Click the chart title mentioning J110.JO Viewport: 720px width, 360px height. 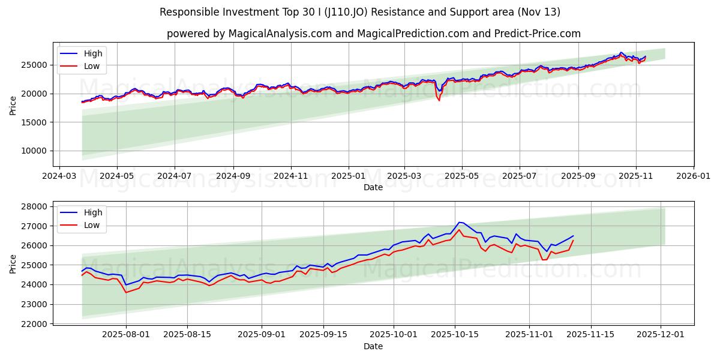pyautogui.click(x=360, y=12)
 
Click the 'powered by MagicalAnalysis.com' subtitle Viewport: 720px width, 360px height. pyautogui.click(x=373, y=34)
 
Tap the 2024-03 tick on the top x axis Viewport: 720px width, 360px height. pyautogui.click(x=59, y=176)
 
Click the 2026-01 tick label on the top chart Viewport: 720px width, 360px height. pyautogui.click(x=693, y=176)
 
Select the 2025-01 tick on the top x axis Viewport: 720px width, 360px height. pyautogui.click(x=348, y=176)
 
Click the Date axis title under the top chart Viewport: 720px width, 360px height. pyautogui.click(x=373, y=187)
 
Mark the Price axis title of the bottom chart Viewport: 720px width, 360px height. pyautogui.click(x=13, y=264)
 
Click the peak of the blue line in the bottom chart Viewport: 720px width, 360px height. pyautogui.click(x=459, y=222)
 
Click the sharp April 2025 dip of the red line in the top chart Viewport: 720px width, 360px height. pyautogui.click(x=439, y=100)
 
